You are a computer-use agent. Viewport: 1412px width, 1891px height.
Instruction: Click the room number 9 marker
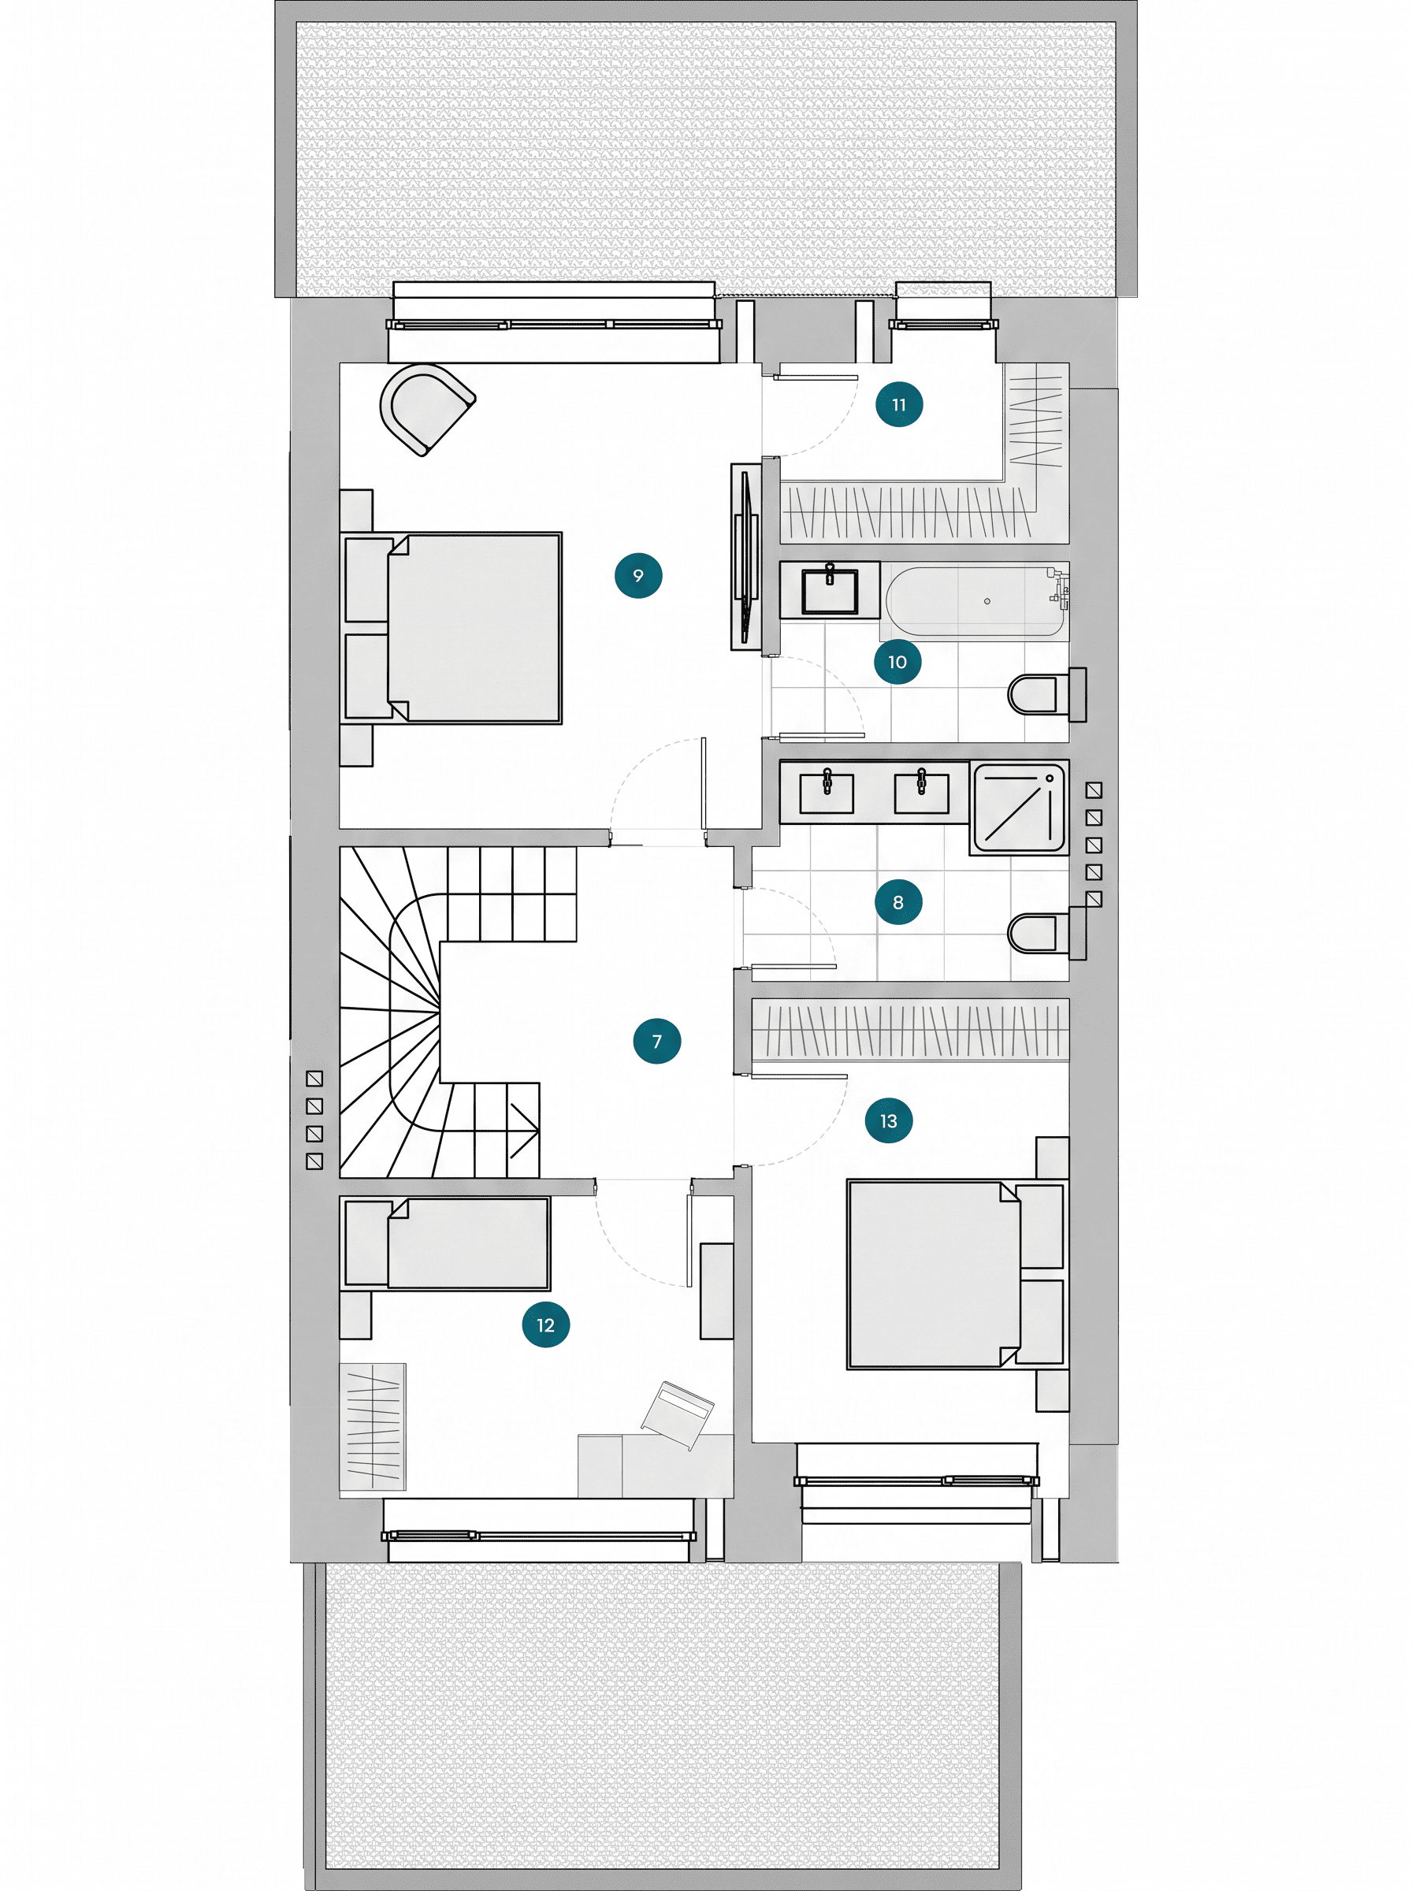[x=638, y=575]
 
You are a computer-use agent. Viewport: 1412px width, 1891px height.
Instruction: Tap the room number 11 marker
[x=899, y=404]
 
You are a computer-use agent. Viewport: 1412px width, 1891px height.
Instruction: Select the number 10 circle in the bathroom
[x=897, y=661]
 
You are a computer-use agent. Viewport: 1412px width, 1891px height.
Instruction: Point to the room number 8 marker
[x=898, y=901]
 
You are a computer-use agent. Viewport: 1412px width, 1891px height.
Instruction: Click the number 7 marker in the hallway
[x=657, y=1041]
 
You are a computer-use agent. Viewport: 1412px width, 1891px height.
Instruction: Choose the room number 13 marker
[x=889, y=1120]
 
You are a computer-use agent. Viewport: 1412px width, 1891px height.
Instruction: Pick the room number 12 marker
[x=546, y=1324]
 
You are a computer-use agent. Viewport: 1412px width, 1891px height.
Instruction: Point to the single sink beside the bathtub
[x=829, y=590]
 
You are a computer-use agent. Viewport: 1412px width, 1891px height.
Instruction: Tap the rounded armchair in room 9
[x=426, y=409]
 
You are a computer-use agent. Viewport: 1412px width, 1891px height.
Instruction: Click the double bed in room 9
[x=451, y=628]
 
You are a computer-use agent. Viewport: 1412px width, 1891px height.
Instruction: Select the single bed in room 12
[x=445, y=1243]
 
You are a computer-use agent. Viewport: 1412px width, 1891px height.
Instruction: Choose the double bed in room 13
[x=957, y=1274]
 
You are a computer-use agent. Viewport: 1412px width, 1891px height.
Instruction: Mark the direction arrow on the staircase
[x=524, y=1130]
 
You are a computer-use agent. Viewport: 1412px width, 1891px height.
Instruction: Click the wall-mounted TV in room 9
[x=746, y=557]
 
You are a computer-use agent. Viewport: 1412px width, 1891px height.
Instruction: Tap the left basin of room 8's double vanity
[x=826, y=792]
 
